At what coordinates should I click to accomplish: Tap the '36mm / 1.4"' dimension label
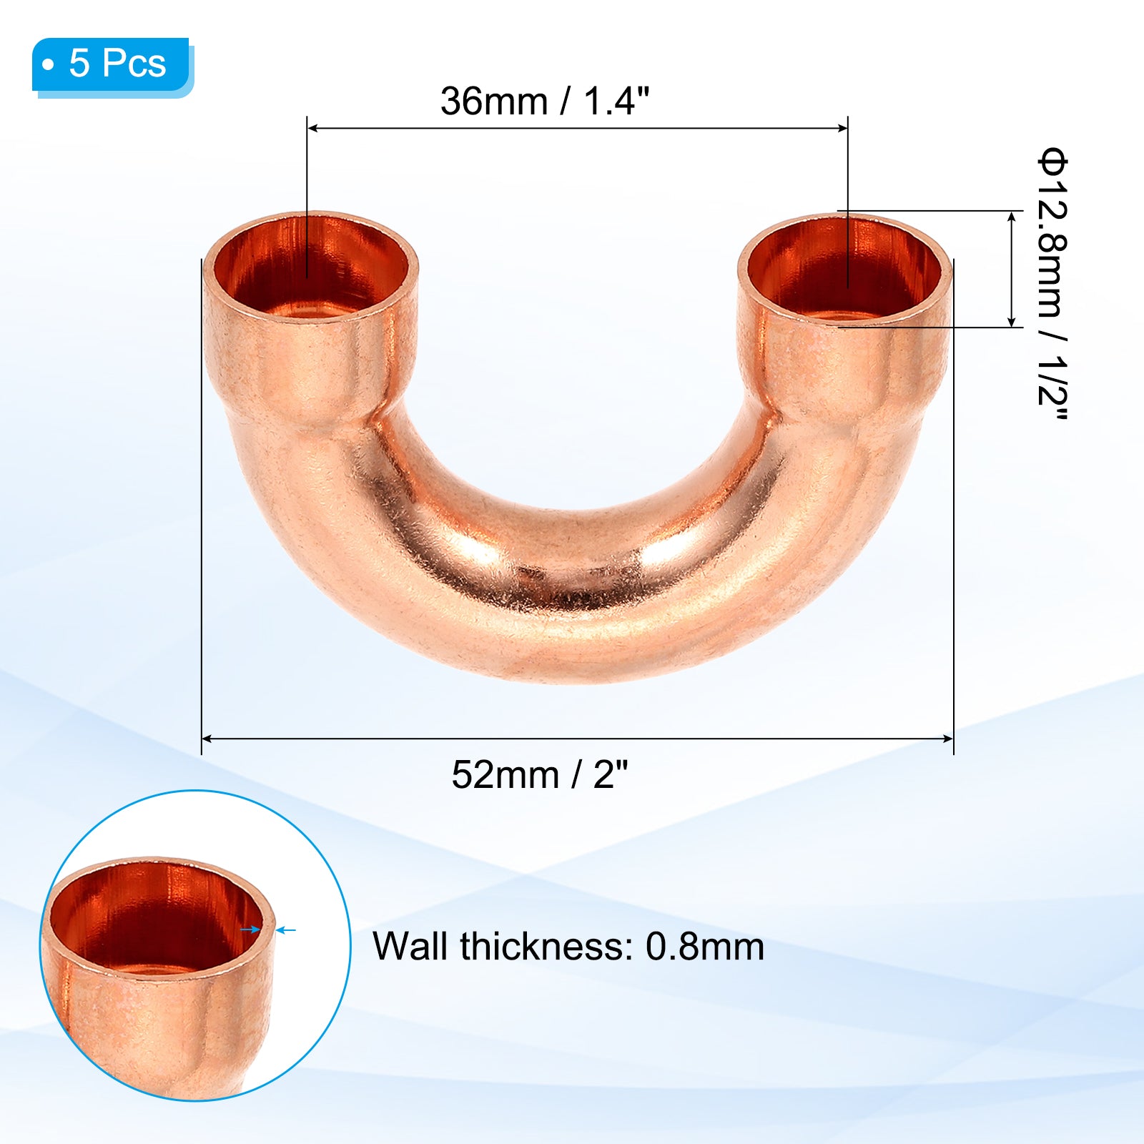(545, 101)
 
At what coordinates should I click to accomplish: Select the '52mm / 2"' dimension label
(540, 774)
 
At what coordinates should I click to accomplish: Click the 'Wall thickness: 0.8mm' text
(568, 946)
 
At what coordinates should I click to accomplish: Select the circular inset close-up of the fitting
(194, 945)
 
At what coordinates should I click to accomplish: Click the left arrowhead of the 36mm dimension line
(312, 129)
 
